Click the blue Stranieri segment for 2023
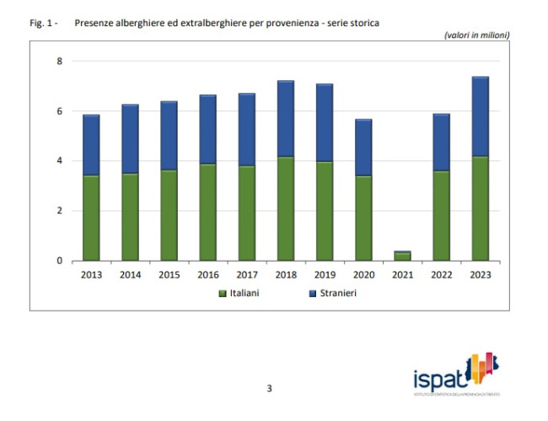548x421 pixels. pyautogui.click(x=480, y=116)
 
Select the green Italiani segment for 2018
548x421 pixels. pyautogui.click(x=286, y=208)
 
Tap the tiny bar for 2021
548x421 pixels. pyautogui.click(x=402, y=256)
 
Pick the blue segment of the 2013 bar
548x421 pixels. pyautogui.click(x=91, y=145)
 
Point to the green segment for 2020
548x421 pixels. pyautogui.click(x=363, y=218)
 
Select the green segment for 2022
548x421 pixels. pyautogui.click(x=441, y=215)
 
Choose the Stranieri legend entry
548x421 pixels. pyautogui.click(x=328, y=293)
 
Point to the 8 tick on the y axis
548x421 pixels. pyautogui.click(x=59, y=62)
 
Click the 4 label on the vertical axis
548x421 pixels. pyautogui.click(x=59, y=161)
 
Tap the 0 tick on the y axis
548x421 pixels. pyautogui.click(x=59, y=261)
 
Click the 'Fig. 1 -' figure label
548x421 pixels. pyautogui.click(x=43, y=23)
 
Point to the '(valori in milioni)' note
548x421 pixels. pyautogui.click(x=476, y=35)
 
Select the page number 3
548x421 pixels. pyautogui.click(x=269, y=388)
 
